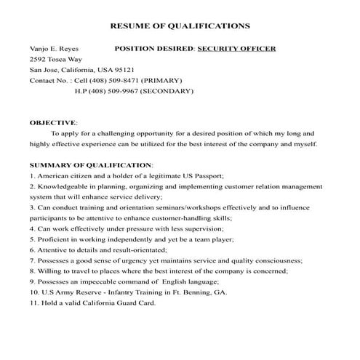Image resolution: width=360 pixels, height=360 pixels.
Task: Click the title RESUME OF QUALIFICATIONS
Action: coord(180,26)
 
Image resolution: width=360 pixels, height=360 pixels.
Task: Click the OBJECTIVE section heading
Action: coord(53,123)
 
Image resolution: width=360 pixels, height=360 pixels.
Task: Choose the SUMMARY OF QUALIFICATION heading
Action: coord(91,165)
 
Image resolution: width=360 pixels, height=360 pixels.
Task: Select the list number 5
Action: coord(33,239)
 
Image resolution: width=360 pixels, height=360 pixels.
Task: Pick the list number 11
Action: coord(34,302)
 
